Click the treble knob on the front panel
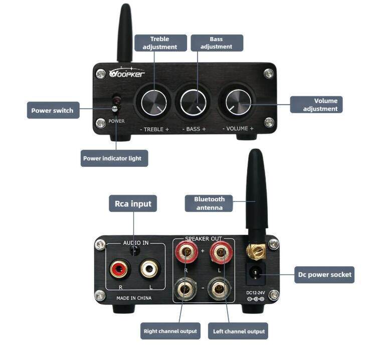154,103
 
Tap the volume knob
239,102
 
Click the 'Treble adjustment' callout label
160,43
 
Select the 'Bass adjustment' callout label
217,43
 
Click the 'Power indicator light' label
112,158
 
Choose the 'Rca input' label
133,204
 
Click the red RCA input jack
120,269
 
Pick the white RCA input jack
149,269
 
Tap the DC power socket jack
256,273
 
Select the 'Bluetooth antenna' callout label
210,203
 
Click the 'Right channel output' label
170,331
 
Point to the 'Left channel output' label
239,331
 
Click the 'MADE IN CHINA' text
134,298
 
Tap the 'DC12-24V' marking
255,292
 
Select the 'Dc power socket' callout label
324,274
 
